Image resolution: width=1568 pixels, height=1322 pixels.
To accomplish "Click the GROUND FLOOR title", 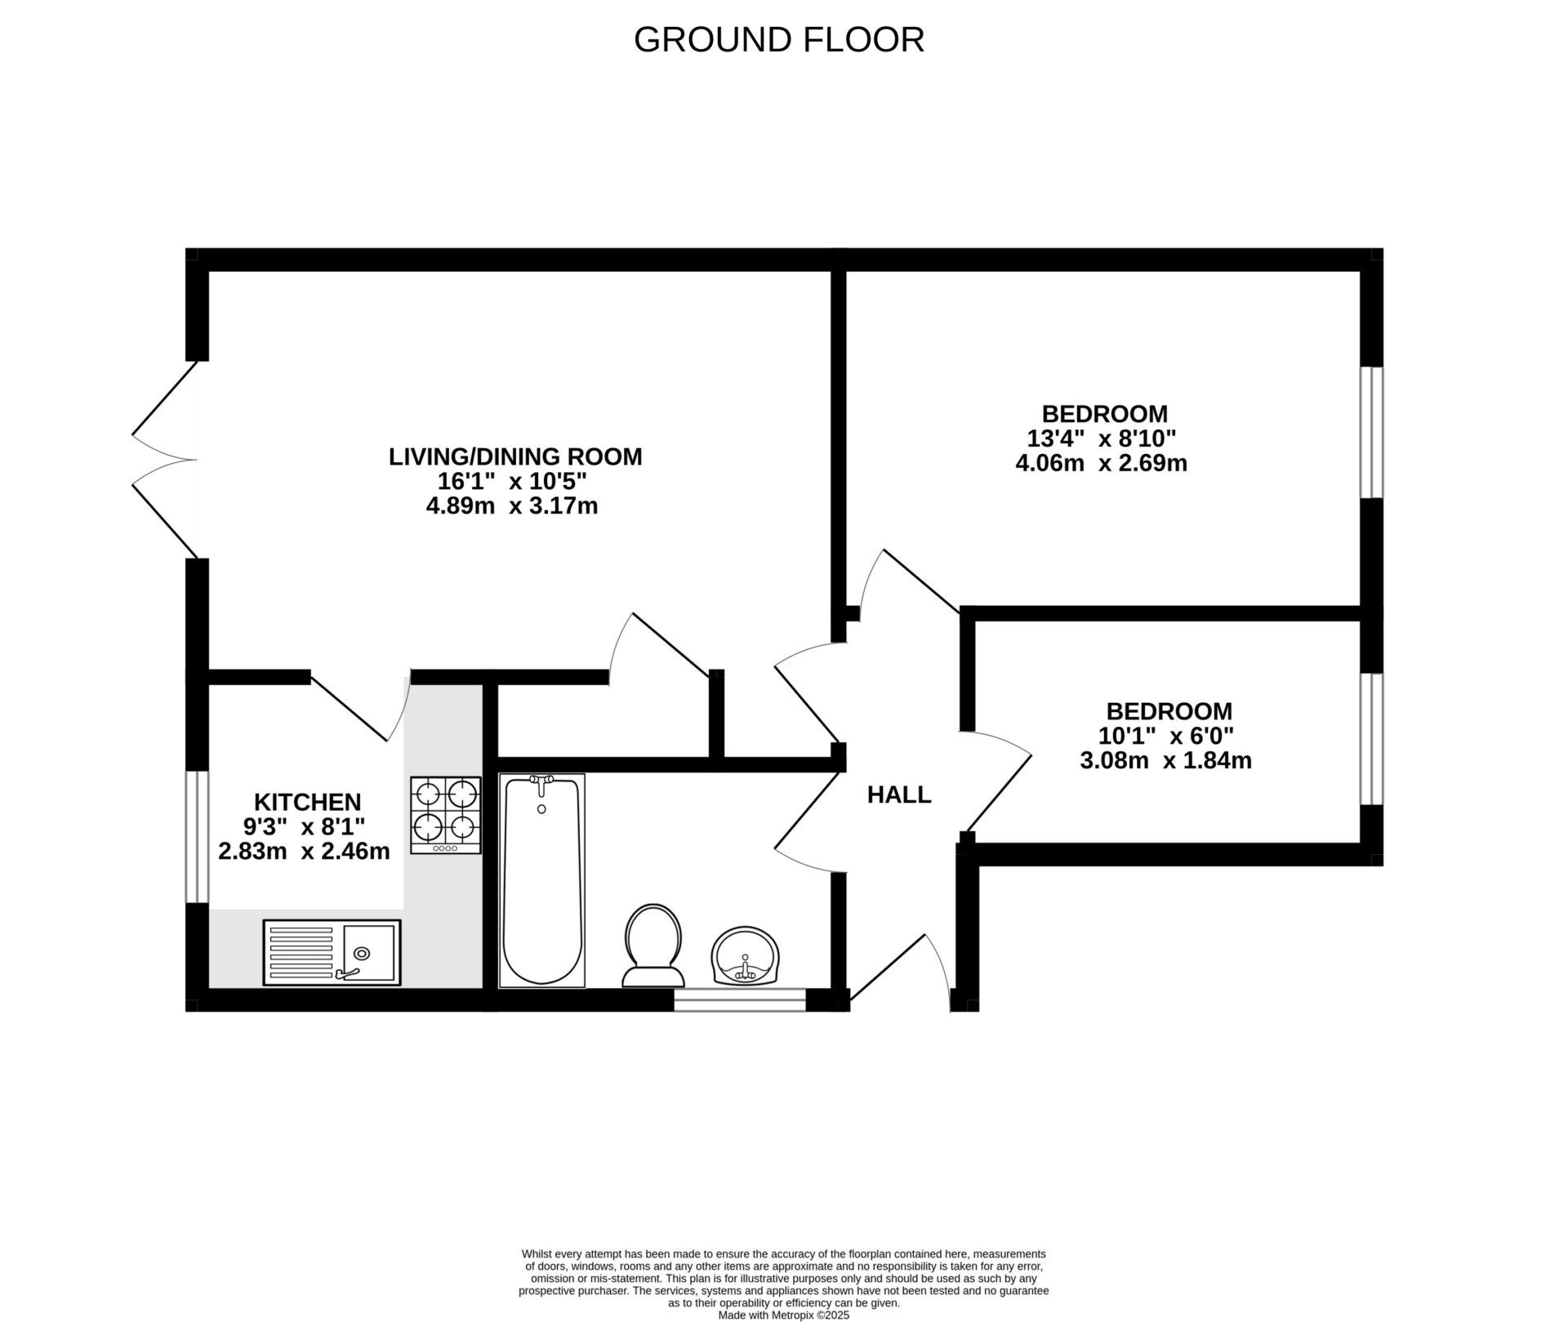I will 778,40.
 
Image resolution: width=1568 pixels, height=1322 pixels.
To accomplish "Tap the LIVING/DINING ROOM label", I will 514,456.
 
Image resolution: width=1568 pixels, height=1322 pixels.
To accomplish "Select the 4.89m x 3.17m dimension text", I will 511,506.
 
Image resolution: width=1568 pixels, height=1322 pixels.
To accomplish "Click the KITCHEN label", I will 307,802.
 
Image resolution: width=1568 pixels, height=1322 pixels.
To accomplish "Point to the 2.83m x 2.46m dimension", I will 304,852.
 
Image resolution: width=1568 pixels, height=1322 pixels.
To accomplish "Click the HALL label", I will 898,795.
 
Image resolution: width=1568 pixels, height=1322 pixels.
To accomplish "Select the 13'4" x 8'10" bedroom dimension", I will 1100,438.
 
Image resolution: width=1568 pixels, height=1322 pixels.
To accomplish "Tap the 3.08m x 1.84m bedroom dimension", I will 1165,760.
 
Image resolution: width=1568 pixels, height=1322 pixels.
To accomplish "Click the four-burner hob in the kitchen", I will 445,814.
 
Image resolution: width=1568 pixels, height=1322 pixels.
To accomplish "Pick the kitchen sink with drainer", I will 332,952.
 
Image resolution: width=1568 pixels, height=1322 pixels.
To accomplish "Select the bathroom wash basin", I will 744,955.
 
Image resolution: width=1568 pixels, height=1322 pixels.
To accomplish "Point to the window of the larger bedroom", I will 1371,432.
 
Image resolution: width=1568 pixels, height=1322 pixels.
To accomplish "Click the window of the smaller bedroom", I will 1371,739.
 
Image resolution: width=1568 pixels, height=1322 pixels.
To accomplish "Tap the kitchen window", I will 197,836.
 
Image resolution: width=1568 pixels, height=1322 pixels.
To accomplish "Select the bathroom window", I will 739,1000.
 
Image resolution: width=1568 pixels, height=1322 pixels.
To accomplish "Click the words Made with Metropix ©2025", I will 783,1315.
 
